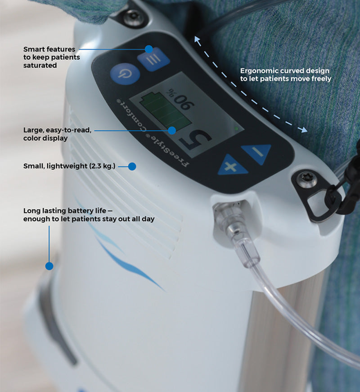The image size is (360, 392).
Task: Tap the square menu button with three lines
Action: click(x=154, y=59)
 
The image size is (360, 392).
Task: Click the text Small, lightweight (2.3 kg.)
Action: click(x=69, y=166)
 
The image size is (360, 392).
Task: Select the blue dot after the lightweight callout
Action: click(x=132, y=166)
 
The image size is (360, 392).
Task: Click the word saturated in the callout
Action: click(x=40, y=65)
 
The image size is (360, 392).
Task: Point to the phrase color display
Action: click(x=45, y=138)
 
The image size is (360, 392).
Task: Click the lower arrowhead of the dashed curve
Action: click(x=304, y=130)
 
